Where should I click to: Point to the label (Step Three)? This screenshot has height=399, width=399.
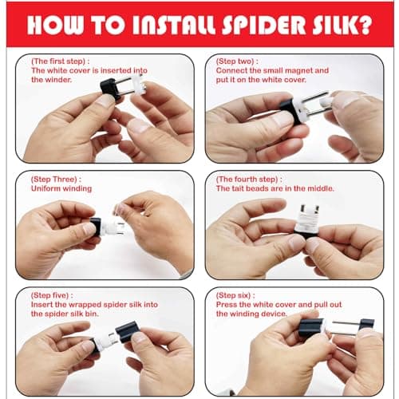57,179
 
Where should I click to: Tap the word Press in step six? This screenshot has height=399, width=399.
227,304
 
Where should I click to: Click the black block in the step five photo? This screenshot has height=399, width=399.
126,331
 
